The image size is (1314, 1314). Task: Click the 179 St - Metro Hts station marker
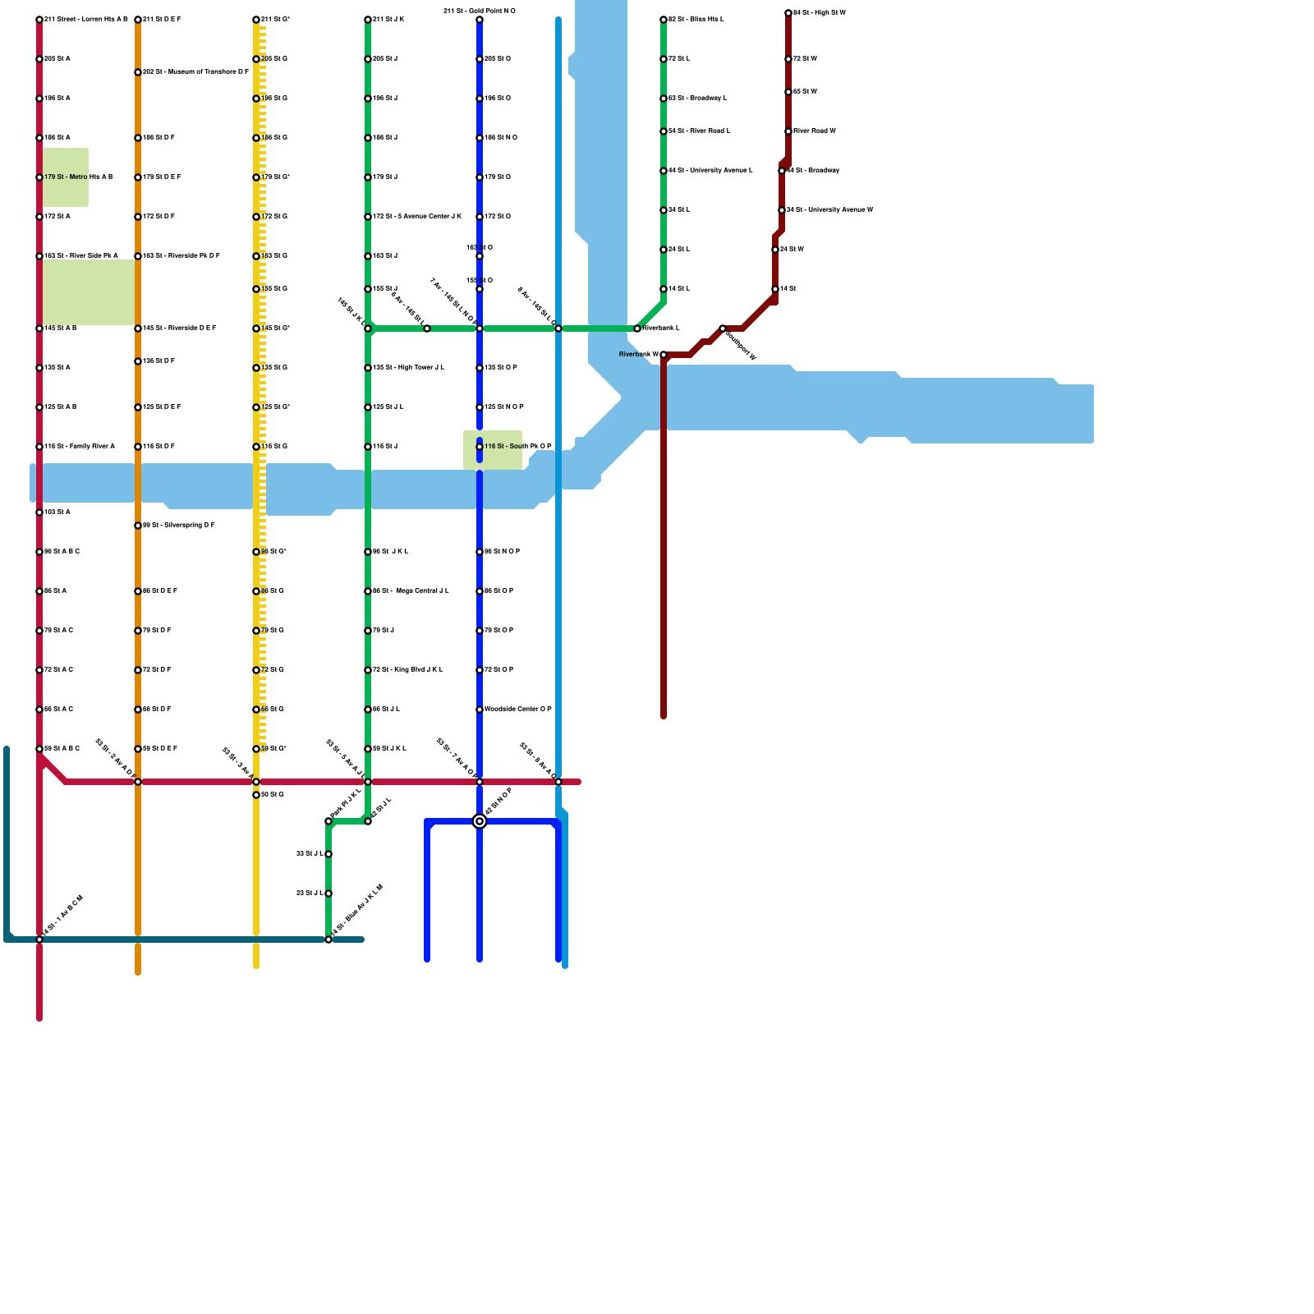coord(39,177)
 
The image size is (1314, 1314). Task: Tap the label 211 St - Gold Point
coord(480,11)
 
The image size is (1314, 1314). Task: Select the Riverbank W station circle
coord(664,355)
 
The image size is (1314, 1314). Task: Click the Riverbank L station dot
coord(637,328)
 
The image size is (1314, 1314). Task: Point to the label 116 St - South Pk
coord(517,447)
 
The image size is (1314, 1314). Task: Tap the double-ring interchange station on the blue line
coord(480,821)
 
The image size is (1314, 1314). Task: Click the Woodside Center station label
coord(517,709)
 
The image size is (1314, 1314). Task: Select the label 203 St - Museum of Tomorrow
coord(195,72)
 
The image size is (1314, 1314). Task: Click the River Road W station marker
coord(788,131)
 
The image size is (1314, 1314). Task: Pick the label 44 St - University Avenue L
coord(710,171)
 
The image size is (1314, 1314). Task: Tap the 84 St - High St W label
coord(819,13)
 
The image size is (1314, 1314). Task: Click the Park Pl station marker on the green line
coord(328,821)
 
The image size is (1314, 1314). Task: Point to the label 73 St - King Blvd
coord(408,670)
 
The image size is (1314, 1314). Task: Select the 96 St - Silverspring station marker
coord(138,526)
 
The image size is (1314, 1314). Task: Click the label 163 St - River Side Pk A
coord(81,256)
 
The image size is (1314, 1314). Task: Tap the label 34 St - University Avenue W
coord(829,210)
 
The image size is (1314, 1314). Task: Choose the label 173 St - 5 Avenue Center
coord(417,217)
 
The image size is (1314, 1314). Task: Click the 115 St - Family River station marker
coord(39,447)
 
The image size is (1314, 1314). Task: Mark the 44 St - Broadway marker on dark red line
coord(782,171)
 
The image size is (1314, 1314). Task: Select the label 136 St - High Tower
coord(408,368)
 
